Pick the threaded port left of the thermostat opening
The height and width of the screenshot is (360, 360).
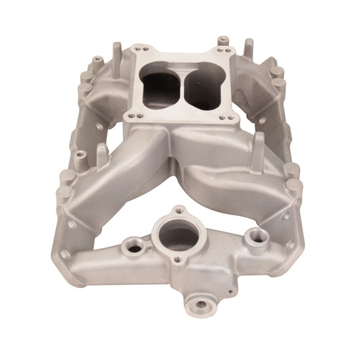[x=135, y=247]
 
